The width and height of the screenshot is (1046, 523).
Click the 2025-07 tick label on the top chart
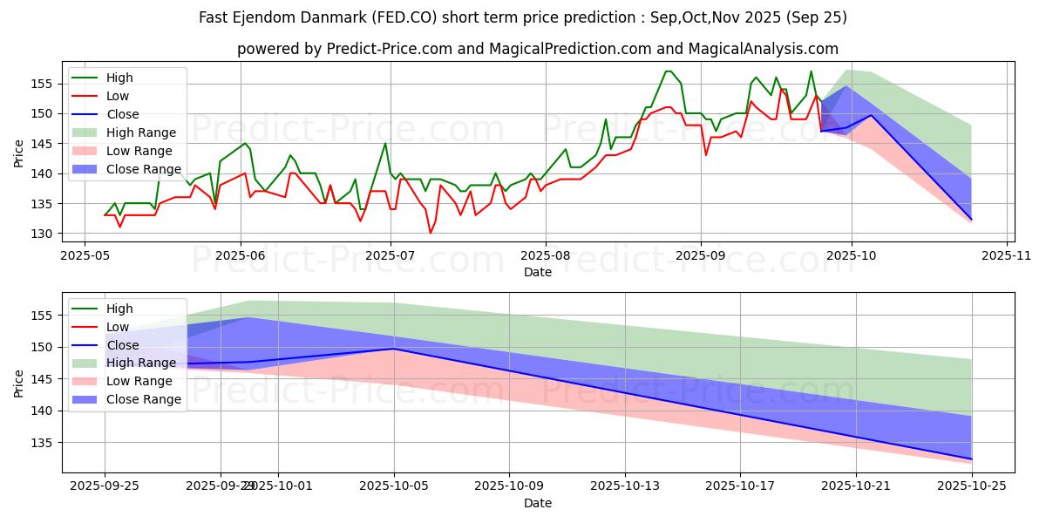tap(391, 255)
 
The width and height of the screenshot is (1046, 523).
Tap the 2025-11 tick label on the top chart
tap(1007, 255)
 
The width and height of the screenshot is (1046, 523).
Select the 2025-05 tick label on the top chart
tap(84, 255)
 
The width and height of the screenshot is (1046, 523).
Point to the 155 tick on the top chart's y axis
tap(48, 84)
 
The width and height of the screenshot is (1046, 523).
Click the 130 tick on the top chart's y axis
tap(48, 234)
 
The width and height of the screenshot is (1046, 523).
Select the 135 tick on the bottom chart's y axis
tap(48, 443)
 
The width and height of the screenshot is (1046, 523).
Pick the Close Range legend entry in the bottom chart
tap(145, 399)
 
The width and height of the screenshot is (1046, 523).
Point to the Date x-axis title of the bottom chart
tap(537, 503)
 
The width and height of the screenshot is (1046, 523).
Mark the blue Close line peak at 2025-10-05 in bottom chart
tap(394, 349)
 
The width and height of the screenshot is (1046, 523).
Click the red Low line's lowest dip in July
tap(430, 233)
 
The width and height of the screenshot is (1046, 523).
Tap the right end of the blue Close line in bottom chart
tap(971, 459)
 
